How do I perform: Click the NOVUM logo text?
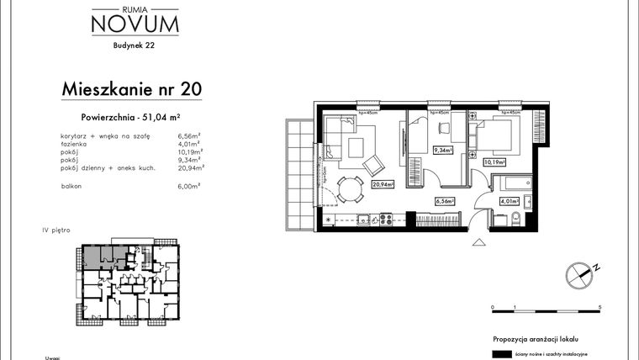coord(135,24)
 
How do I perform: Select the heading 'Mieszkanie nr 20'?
coord(132,88)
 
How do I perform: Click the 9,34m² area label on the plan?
coord(442,151)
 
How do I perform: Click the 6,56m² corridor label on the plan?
coord(444,201)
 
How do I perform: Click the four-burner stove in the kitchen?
coord(388,220)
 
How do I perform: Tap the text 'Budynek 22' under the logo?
coord(134,47)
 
